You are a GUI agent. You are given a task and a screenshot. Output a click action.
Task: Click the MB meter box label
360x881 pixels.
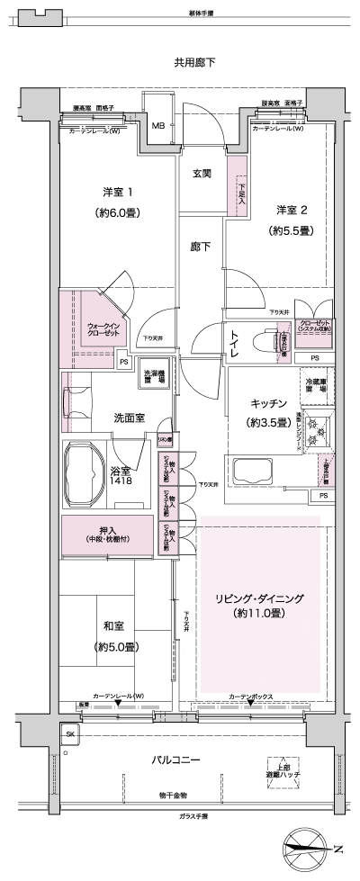(157, 125)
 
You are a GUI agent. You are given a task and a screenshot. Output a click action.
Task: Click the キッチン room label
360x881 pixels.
(268, 412)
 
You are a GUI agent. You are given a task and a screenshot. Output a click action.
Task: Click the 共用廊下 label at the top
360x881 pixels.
(194, 62)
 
